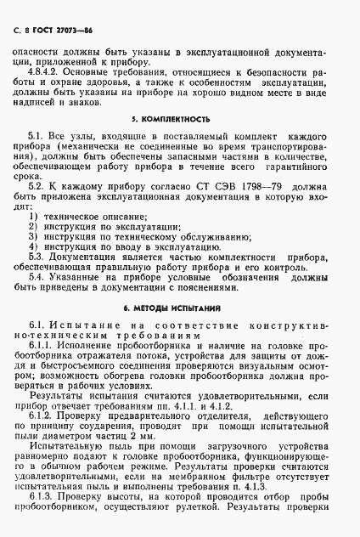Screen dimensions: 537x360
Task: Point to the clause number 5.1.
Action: pyautogui.click(x=37, y=159)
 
